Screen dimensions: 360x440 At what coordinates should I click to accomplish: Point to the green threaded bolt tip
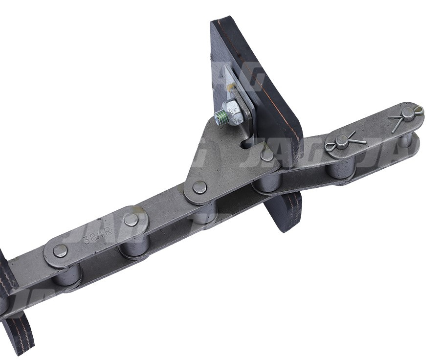220,117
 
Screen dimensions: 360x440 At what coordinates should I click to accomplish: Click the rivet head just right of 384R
131,220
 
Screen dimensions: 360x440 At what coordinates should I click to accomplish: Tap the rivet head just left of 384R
60,251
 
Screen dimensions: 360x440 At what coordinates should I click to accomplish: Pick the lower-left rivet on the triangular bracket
199,187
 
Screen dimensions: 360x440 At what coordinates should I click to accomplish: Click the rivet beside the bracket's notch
266,155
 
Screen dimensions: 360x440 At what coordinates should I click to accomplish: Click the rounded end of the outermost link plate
416,112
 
